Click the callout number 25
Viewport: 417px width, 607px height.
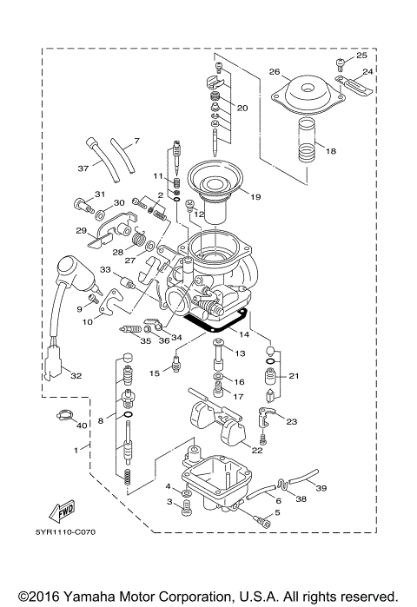[x=362, y=56]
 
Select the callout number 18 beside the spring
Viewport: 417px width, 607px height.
[x=329, y=150]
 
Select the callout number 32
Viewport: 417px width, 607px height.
[x=76, y=376]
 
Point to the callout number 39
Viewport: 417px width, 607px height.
[x=321, y=489]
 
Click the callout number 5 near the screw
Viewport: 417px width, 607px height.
[x=277, y=513]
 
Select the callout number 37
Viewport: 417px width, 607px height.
[x=83, y=168]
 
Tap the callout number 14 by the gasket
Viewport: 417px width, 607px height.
[x=244, y=334]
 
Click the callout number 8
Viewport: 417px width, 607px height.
[x=100, y=420]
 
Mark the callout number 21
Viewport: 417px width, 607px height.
[x=293, y=376]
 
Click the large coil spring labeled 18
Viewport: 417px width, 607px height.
[x=305, y=143]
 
